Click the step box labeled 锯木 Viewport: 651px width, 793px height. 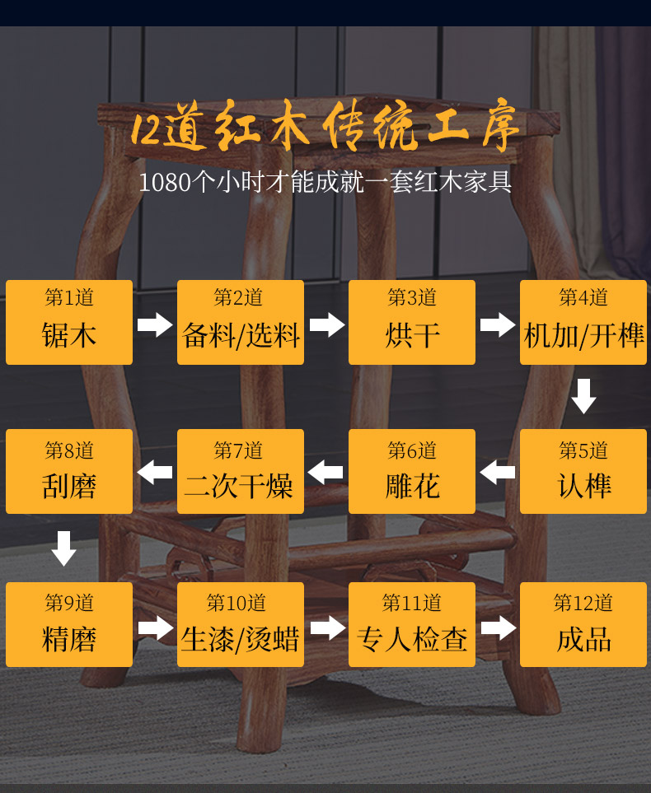tap(69, 322)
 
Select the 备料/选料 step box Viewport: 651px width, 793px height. tap(241, 322)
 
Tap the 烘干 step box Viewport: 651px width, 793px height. tap(412, 322)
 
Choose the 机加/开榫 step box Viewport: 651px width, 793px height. tap(583, 322)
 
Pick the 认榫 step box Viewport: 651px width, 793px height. tap(583, 472)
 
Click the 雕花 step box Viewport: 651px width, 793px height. tap(412, 472)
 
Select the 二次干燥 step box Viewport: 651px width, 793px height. tap(241, 472)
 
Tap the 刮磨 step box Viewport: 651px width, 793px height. tap(69, 472)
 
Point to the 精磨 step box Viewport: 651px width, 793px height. tap(69, 624)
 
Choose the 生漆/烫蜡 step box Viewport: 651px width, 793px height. tap(241, 624)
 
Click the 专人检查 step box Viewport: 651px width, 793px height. tap(412, 624)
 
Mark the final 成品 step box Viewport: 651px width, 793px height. tap(583, 624)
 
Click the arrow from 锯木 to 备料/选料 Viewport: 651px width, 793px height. tap(155, 324)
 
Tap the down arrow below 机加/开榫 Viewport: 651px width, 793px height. tap(583, 396)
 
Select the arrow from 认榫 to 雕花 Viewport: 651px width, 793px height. tap(498, 473)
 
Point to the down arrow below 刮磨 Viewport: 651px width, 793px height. tap(63, 548)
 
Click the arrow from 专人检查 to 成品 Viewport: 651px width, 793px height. tap(498, 627)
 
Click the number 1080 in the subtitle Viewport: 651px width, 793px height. tap(165, 182)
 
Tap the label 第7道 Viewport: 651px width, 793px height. tap(239, 450)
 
